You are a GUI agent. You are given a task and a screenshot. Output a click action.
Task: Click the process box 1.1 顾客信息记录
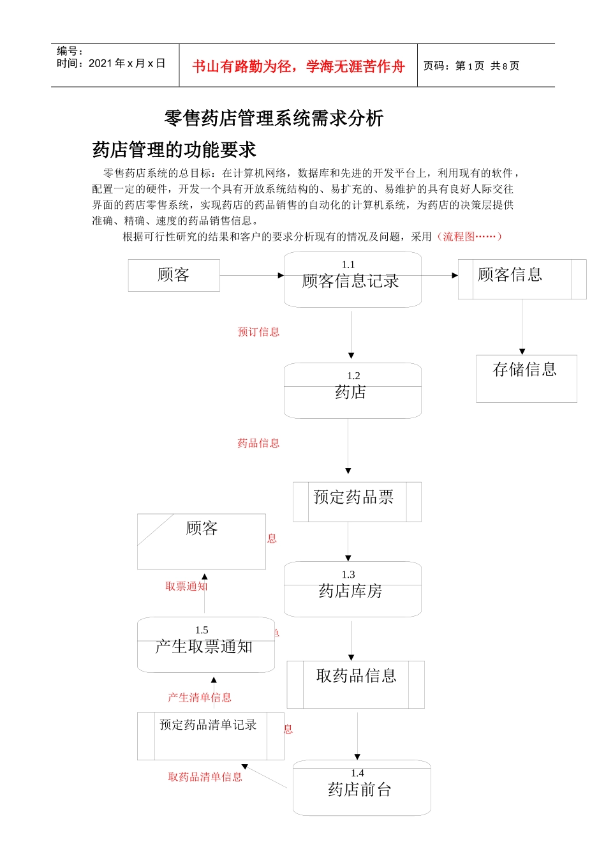[x=352, y=280]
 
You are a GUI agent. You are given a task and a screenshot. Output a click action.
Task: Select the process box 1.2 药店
[x=352, y=391]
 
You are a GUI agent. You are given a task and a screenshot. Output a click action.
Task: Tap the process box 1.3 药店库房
[x=352, y=589]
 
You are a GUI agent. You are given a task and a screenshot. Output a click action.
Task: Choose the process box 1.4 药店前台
[x=361, y=788]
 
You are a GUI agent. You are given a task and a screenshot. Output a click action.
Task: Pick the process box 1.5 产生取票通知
[x=205, y=645]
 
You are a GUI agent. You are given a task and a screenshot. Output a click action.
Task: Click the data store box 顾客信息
[x=521, y=279]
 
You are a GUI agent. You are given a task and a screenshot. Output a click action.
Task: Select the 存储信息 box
[x=526, y=378]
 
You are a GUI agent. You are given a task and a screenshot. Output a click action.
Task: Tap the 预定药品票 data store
[x=357, y=502]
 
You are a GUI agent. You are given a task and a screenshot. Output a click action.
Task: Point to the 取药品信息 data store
[x=355, y=684]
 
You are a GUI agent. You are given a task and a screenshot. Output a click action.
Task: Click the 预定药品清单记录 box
[x=210, y=735]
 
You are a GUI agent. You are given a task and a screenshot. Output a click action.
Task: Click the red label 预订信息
[x=258, y=332]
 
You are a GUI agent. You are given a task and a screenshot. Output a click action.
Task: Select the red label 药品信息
[x=258, y=443]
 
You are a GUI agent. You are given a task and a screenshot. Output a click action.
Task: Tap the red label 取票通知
[x=186, y=586]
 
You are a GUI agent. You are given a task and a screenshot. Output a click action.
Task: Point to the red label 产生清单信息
[x=199, y=697]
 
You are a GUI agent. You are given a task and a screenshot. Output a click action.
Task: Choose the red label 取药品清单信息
[x=205, y=777]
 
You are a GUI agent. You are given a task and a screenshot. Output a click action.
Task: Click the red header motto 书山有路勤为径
[x=298, y=66]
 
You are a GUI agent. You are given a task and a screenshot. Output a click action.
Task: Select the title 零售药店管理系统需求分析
[x=274, y=118]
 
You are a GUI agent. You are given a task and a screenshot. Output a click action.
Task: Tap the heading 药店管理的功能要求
[x=174, y=150]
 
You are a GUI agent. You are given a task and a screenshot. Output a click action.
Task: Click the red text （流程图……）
[x=470, y=236]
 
